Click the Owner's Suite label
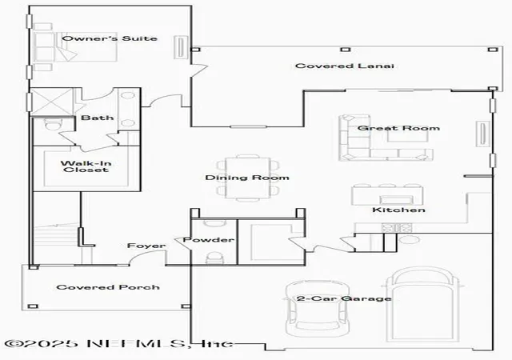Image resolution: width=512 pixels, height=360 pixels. point(110,38)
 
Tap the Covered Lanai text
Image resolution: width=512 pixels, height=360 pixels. point(345,66)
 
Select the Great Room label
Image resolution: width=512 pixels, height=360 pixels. point(398,128)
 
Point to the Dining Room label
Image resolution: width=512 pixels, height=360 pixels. point(247,178)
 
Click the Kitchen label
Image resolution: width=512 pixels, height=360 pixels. point(398,210)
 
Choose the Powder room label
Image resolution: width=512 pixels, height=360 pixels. point(208,239)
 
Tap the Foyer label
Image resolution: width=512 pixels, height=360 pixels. point(146,246)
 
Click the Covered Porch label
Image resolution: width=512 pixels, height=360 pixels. point(108,287)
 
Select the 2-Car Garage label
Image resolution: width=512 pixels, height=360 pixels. point(344,298)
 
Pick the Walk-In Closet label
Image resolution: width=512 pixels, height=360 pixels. point(86,166)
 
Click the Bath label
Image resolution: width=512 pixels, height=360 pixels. point(98,118)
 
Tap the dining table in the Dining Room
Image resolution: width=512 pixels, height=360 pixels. point(248,178)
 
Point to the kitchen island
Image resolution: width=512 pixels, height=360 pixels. point(387,195)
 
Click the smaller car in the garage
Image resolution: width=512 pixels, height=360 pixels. point(317,309)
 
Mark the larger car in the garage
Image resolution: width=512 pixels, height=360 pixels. point(422,305)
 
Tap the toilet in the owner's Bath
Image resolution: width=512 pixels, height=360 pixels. point(52,125)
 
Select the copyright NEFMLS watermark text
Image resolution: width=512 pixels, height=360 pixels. point(119,343)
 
